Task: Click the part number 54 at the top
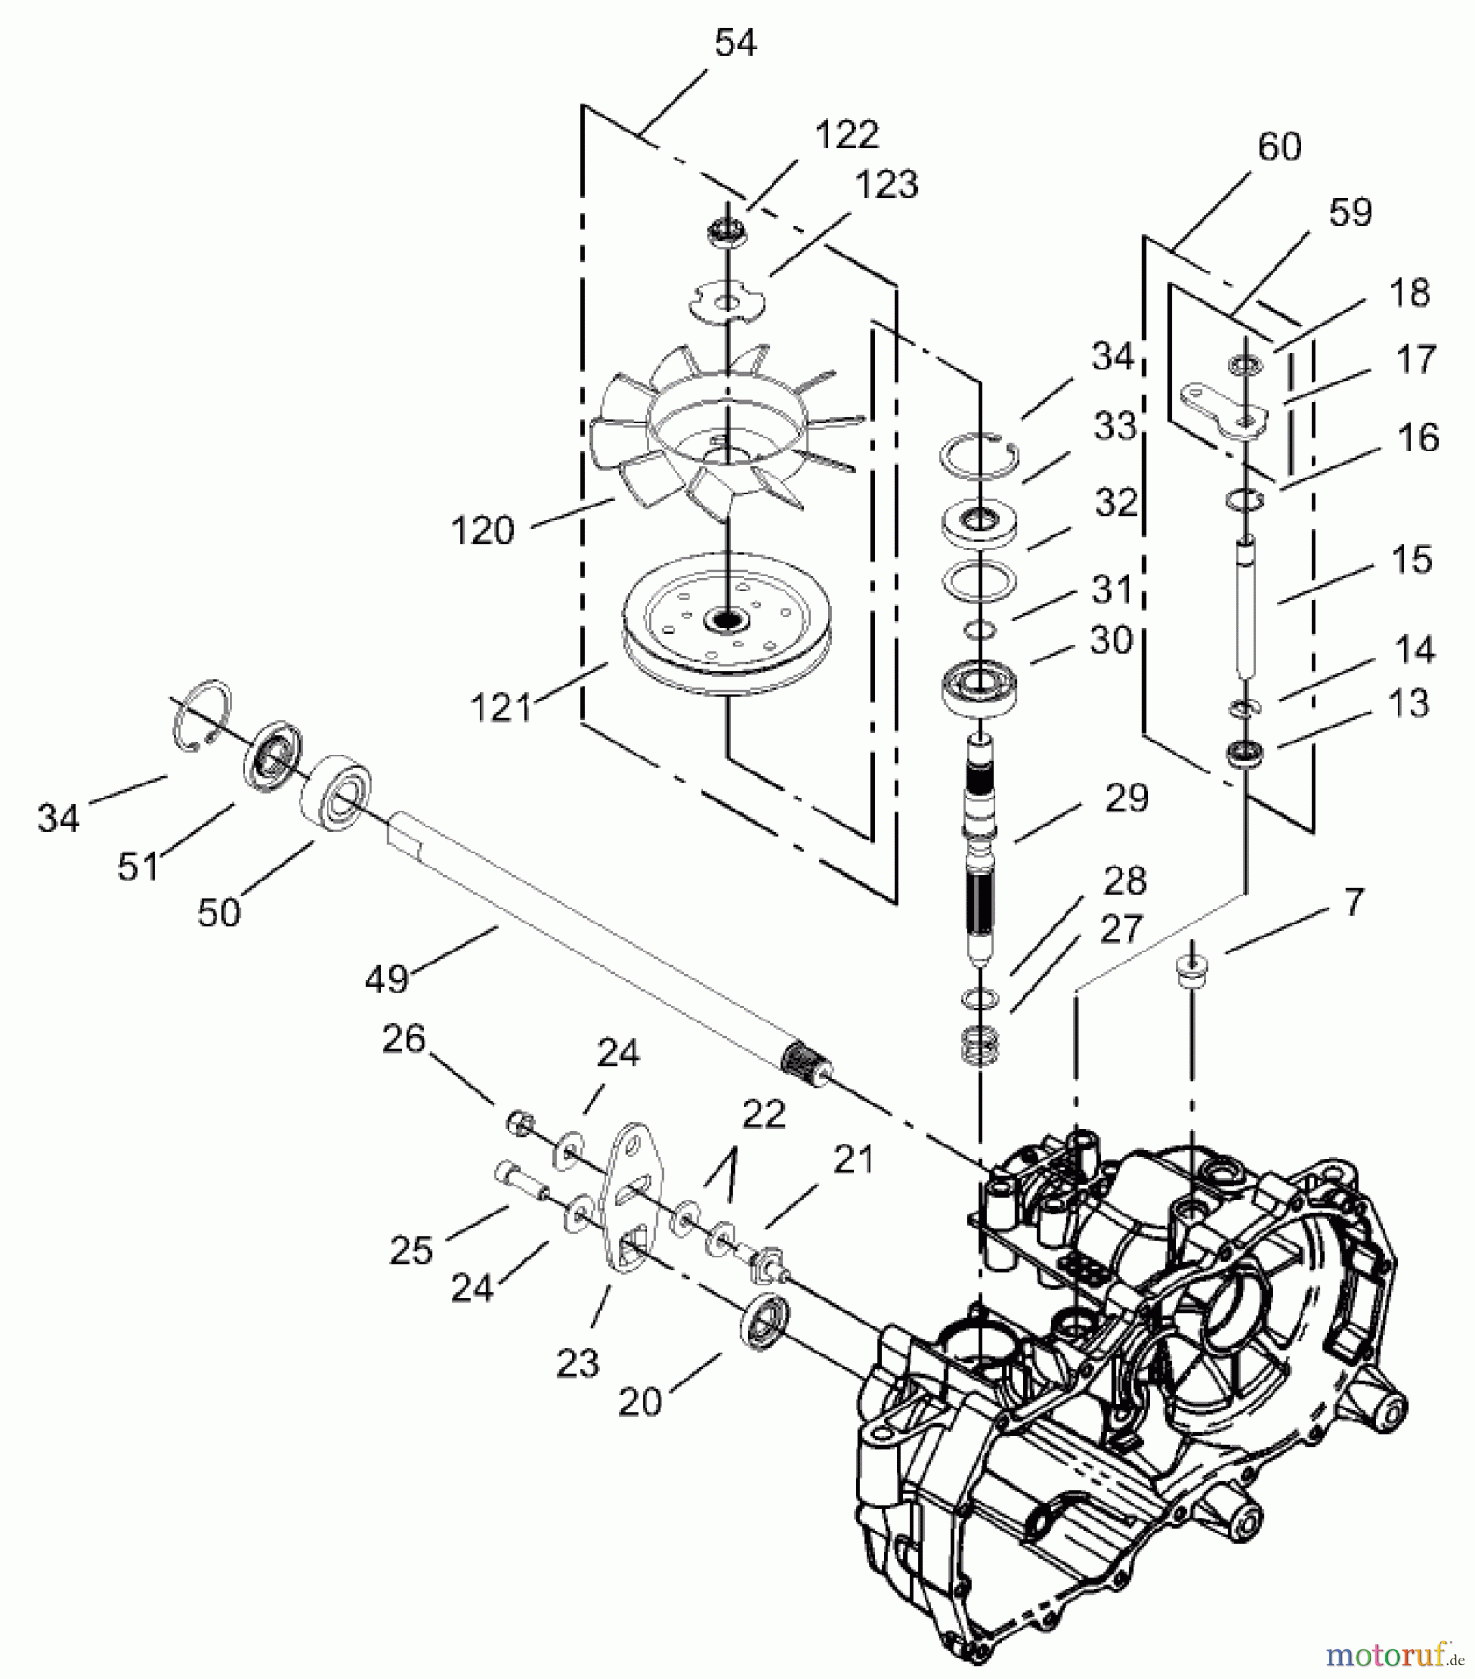pyautogui.click(x=734, y=43)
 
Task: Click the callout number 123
pyautogui.click(x=886, y=185)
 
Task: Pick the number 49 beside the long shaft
pyautogui.click(x=386, y=978)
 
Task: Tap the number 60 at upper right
pyautogui.click(x=1278, y=146)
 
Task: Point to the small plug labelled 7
pyautogui.click(x=1187, y=969)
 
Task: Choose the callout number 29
pyautogui.click(x=1126, y=798)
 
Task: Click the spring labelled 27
pyautogui.click(x=981, y=1045)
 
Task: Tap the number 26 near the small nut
pyautogui.click(x=403, y=1039)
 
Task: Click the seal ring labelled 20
pyautogui.click(x=764, y=1319)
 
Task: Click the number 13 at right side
pyautogui.click(x=1408, y=702)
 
